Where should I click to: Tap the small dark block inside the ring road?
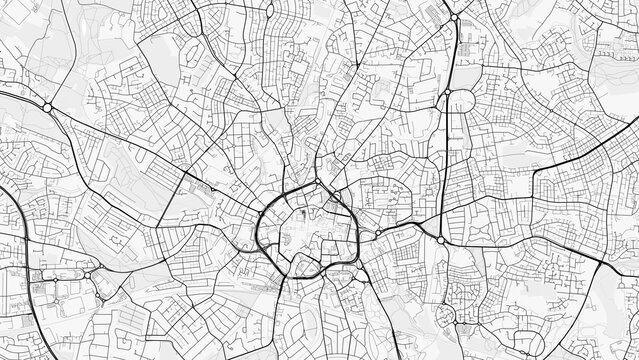click(301, 213)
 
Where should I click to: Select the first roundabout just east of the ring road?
click(378, 232)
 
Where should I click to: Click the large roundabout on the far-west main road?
click(47, 107)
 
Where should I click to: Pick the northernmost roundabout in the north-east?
click(454, 18)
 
